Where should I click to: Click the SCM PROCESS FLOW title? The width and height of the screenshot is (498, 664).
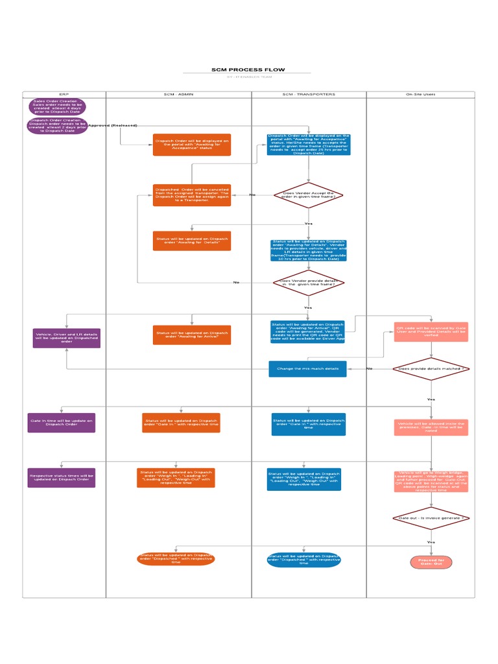click(x=248, y=69)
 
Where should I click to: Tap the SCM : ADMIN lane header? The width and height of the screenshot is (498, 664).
click(x=178, y=94)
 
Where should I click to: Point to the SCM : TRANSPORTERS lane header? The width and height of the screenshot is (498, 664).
click(x=309, y=94)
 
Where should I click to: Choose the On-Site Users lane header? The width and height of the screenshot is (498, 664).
click(x=420, y=94)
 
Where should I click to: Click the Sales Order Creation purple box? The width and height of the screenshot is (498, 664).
click(x=56, y=106)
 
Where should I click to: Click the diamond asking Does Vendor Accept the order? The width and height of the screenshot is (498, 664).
click(x=308, y=195)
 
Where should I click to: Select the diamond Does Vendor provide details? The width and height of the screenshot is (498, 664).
click(x=308, y=283)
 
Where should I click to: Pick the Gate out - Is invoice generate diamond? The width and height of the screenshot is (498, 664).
click(x=431, y=518)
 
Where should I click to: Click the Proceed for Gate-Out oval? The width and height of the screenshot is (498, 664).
click(x=431, y=562)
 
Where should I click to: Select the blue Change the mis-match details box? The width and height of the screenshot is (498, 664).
click(x=307, y=368)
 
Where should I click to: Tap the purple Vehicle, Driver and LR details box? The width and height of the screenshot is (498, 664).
click(x=67, y=337)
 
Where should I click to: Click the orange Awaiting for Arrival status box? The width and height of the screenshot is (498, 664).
click(x=191, y=335)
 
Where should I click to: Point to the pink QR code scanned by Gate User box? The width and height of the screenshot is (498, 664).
click(x=431, y=331)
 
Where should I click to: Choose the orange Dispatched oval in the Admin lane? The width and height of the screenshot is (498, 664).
click(x=176, y=559)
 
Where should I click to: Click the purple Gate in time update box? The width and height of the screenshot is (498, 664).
click(x=62, y=423)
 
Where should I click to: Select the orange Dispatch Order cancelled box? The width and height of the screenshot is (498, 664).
click(x=191, y=195)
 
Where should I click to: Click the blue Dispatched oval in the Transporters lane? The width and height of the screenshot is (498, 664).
click(x=303, y=560)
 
